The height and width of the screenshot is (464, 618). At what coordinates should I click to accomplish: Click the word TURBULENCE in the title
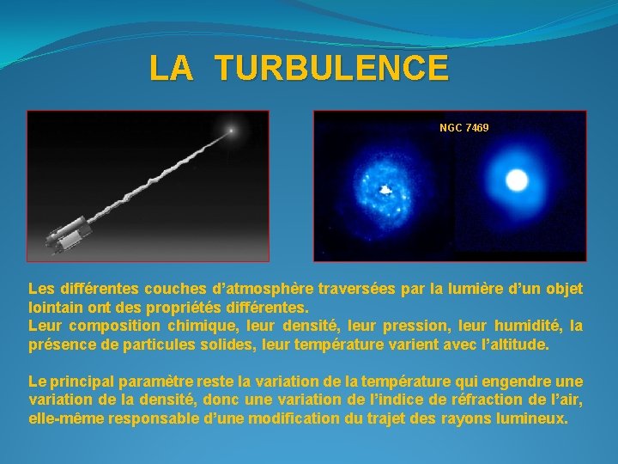(331, 68)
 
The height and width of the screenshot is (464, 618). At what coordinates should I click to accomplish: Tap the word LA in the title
(171, 68)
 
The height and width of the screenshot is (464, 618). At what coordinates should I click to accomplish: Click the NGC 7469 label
(463, 128)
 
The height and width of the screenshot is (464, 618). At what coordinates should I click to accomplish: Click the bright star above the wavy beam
(230, 131)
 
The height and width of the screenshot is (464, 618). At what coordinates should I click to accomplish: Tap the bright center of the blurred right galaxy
(517, 180)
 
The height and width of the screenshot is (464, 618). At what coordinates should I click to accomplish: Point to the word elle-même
(65, 418)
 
